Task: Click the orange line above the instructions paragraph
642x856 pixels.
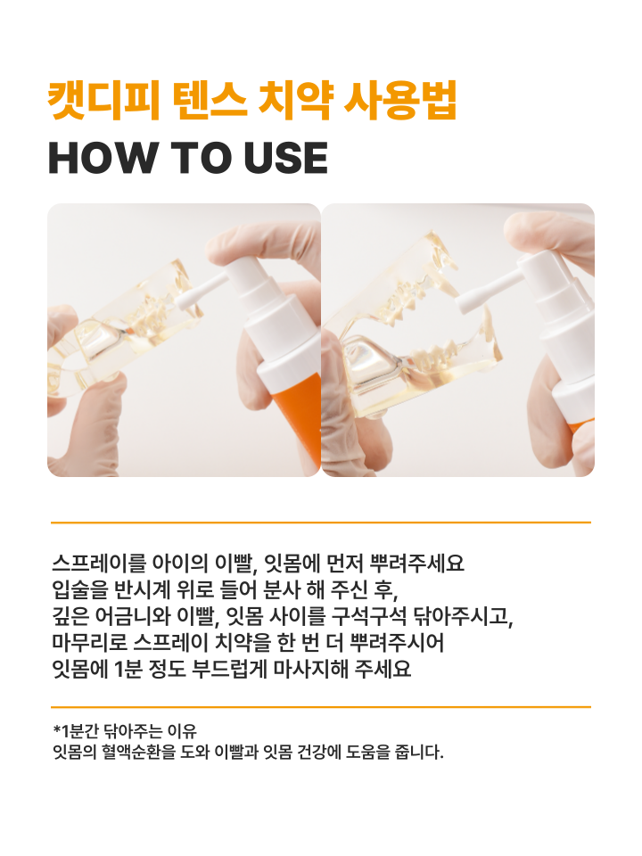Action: click(x=321, y=523)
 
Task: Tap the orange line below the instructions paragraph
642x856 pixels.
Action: click(x=321, y=707)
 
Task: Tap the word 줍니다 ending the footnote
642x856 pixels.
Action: click(x=419, y=753)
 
